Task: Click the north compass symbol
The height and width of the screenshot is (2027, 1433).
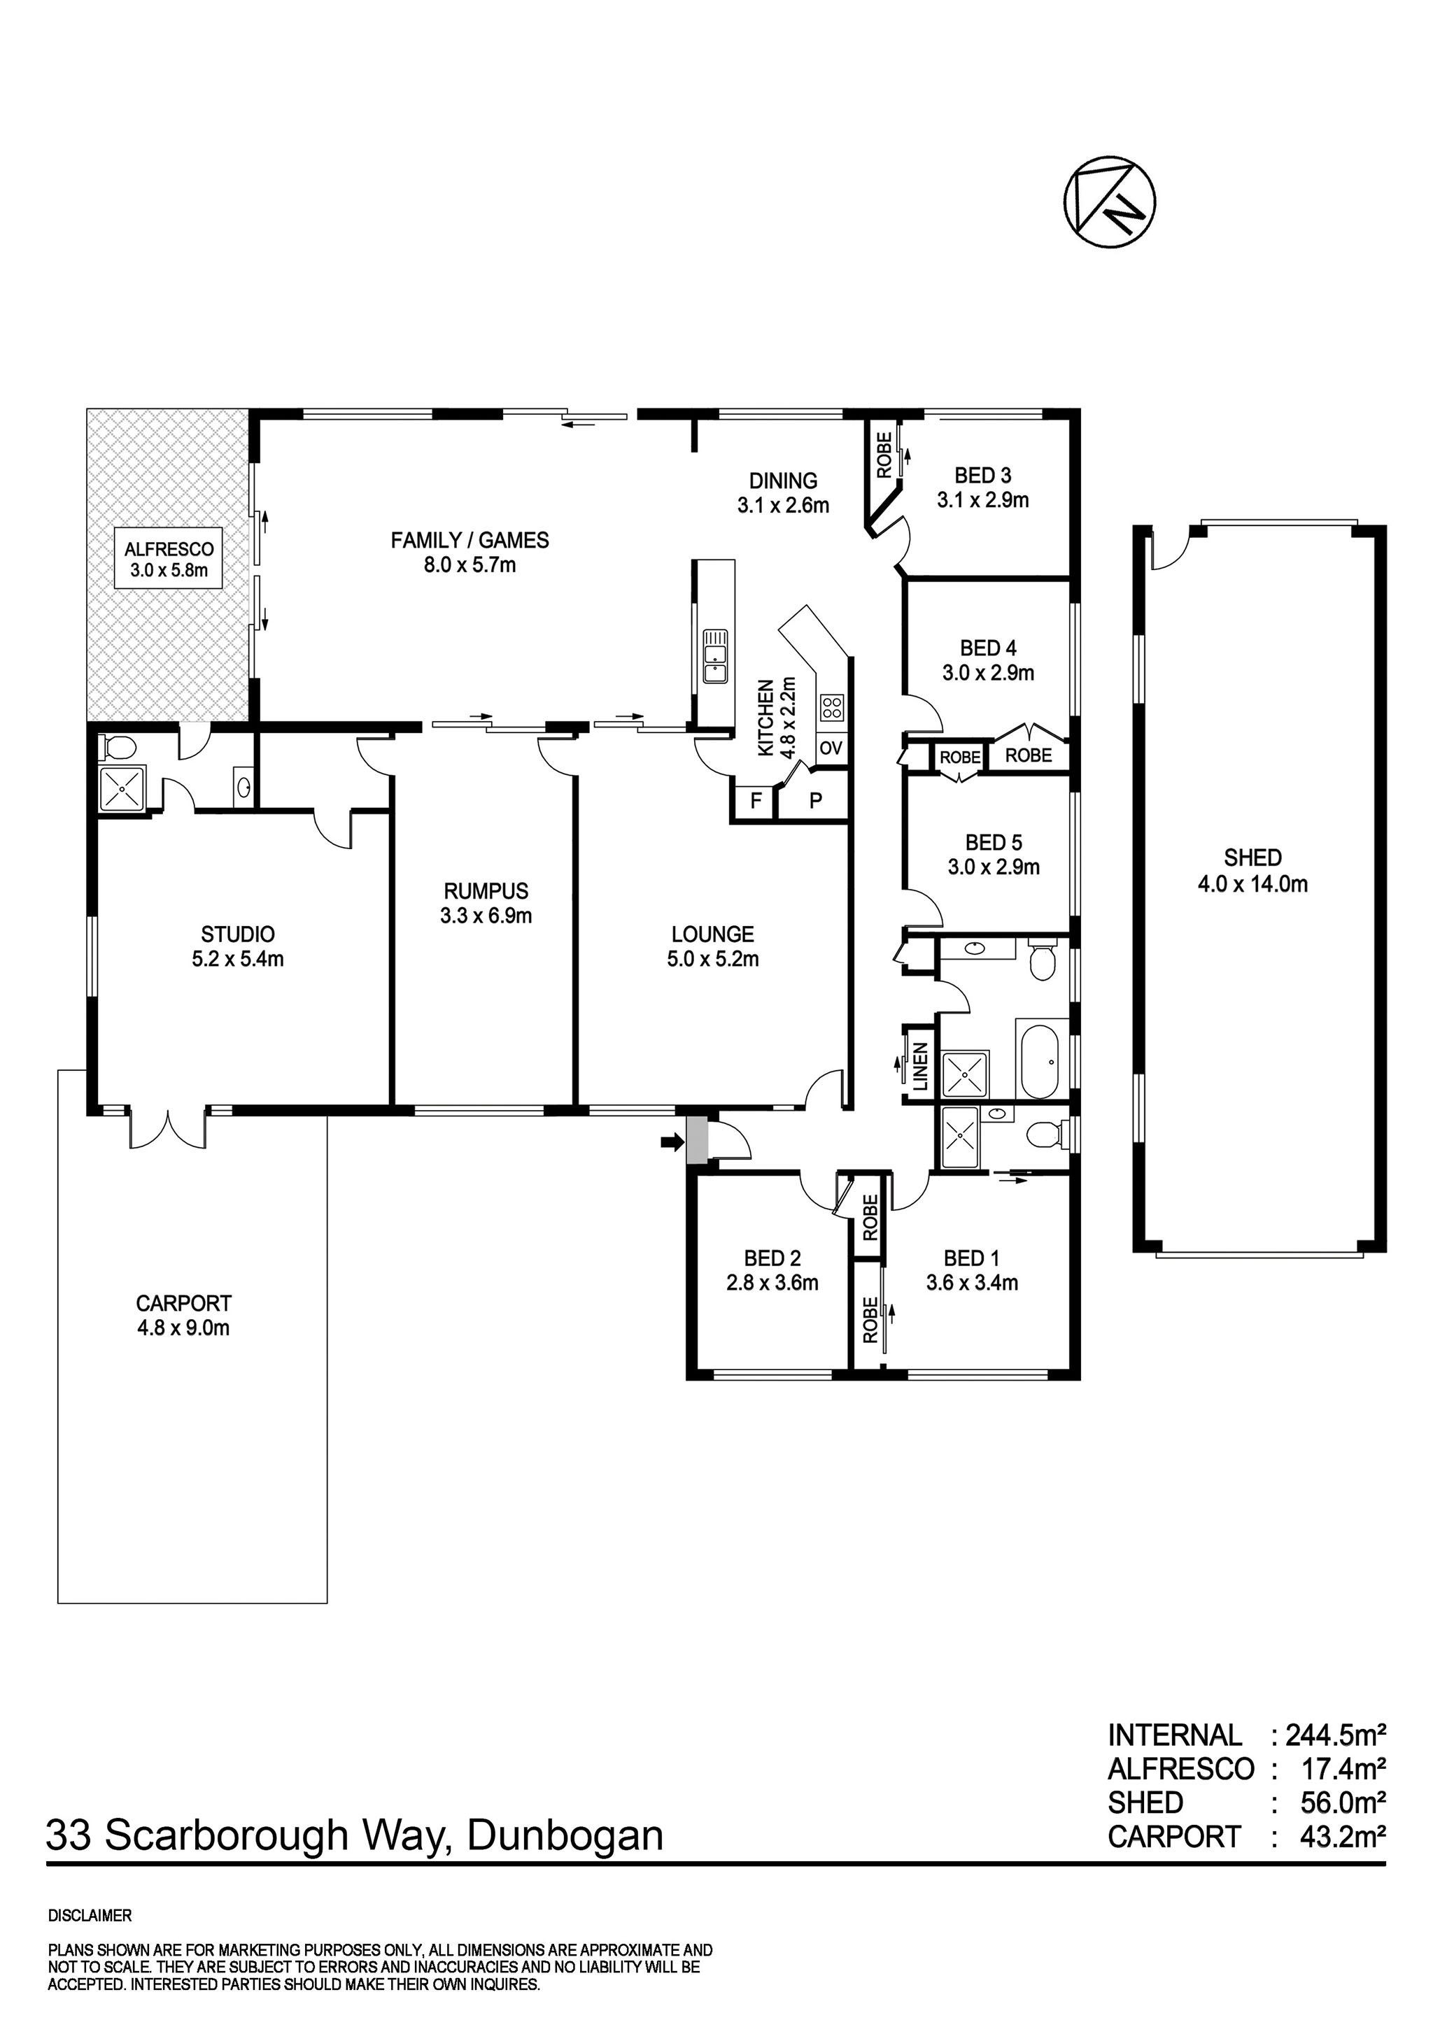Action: [1110, 202]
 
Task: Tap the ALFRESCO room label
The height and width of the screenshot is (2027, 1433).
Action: [169, 549]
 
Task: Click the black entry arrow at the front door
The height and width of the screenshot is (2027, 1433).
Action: [673, 1144]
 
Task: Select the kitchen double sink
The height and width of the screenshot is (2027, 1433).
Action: [714, 657]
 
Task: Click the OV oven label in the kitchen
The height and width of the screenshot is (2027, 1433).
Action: [831, 748]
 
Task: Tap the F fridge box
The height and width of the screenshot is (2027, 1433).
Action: [755, 802]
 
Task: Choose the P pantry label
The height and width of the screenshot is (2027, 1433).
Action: [816, 802]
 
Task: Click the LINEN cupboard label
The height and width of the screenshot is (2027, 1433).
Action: [920, 1065]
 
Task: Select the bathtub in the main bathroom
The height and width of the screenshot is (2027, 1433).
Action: [1039, 1058]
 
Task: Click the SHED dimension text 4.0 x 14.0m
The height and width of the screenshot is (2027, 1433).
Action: [1252, 883]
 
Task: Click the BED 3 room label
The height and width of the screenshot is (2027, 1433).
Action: [982, 476]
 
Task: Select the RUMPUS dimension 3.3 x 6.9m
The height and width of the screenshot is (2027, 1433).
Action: [486, 916]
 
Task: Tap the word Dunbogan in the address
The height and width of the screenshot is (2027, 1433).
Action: [564, 1836]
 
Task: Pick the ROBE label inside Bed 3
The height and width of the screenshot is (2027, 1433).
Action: [884, 455]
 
